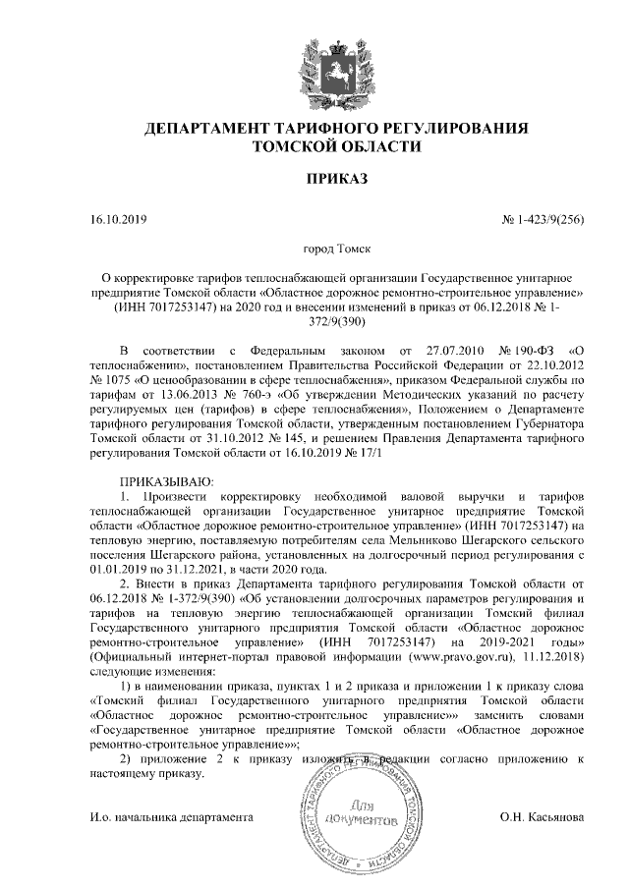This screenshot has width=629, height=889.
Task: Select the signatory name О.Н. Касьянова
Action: [542, 817]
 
